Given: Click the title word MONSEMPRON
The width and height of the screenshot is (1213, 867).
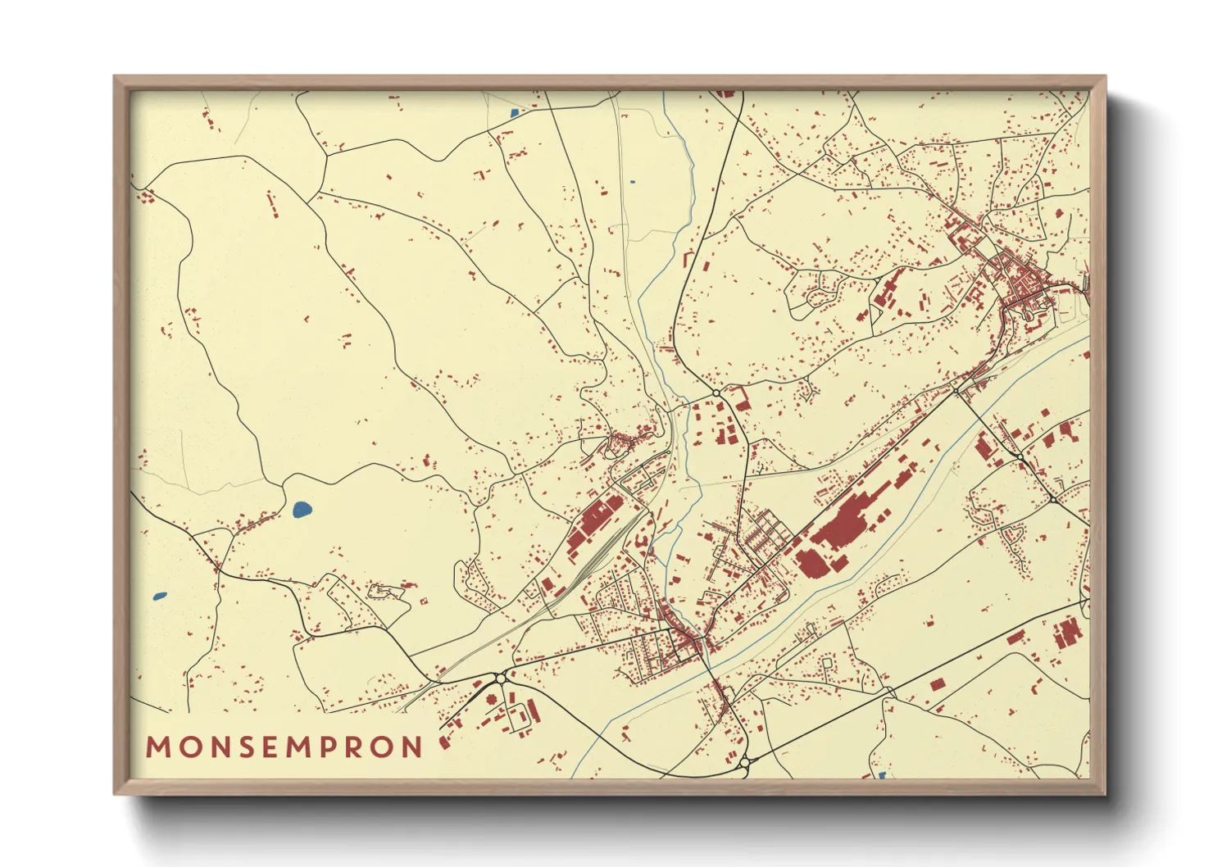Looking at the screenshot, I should click(284, 747).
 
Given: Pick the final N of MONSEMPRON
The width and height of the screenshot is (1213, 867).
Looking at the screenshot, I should click(412, 747).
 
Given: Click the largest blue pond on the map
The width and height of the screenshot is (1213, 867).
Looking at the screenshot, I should click(301, 510).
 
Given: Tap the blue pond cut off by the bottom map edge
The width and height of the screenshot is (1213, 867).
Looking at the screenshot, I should click(882, 775).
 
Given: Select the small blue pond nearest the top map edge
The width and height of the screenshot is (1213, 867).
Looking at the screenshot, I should click(514, 113).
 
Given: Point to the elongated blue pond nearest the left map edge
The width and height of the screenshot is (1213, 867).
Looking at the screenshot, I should click(160, 596).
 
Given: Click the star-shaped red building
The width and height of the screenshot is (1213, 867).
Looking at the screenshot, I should click(492, 701).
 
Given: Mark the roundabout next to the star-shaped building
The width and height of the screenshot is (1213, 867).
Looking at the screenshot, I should click(499, 679).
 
